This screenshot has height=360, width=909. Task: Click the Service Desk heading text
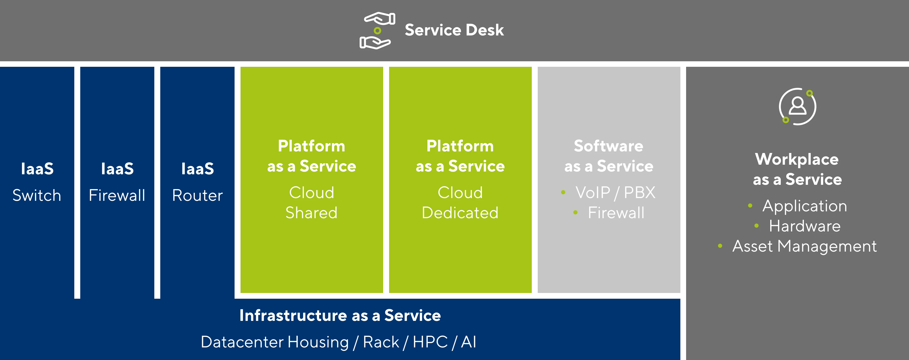454,30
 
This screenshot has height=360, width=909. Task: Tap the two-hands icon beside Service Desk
377,31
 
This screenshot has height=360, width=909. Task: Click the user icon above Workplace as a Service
797,106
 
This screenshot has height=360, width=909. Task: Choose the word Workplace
797,159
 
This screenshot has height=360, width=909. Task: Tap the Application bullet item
805,206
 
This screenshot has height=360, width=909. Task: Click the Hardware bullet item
805,226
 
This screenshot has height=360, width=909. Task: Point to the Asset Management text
804,246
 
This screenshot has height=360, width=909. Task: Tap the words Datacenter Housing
275,342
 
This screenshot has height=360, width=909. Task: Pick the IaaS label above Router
197,169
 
